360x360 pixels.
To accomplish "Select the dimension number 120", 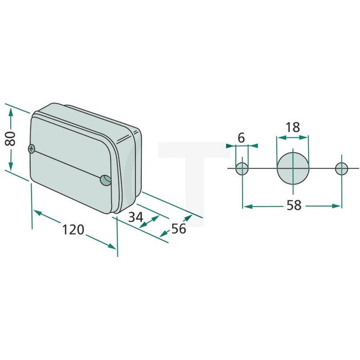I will coord(73,229).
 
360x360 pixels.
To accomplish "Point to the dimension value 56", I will coord(178,228).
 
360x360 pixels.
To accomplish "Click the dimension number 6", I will coord(241,136).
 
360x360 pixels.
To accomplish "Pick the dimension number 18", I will coord(292,127).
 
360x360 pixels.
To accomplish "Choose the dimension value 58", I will coord(294,205).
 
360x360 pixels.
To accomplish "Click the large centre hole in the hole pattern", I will coord(292,167).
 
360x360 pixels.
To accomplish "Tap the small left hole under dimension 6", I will coord(242,168).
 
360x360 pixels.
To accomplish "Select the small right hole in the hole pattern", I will coord(342,168).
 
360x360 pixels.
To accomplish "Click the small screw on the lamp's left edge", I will coord(32,148).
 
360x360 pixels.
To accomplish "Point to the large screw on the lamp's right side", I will coord(105,179).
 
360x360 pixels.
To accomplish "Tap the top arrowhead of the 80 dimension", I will coord(11,111).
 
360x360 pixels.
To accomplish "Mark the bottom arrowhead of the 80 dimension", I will coord(11,168).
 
